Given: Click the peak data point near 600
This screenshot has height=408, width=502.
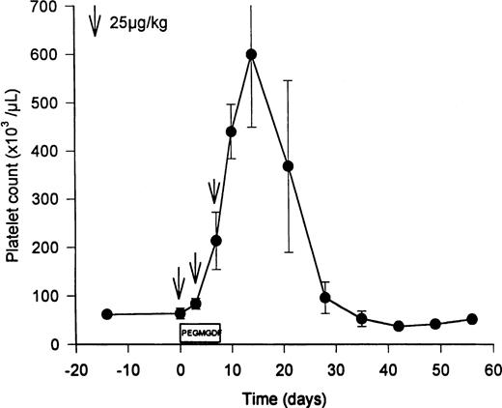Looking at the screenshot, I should [252, 54].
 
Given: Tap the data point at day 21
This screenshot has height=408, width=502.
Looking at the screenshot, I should [288, 166].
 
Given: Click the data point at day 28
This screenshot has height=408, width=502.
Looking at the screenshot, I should [325, 298].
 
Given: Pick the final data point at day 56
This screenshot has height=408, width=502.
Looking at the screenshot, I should [472, 319].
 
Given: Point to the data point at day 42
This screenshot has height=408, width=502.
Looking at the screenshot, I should [398, 327].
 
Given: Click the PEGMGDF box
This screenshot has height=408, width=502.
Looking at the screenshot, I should [200, 333].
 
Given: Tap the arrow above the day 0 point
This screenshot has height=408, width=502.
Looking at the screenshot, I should [179, 286].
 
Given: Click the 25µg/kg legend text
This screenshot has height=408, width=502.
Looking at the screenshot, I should [141, 21].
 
